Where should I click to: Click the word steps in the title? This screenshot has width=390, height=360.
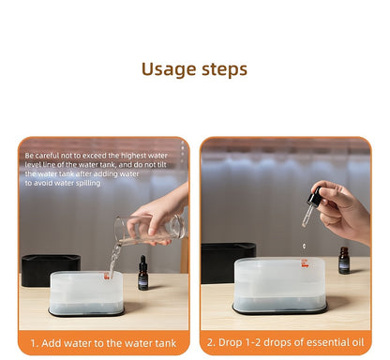(x=223, y=69)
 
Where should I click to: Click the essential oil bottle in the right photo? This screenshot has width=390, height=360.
(x=344, y=261)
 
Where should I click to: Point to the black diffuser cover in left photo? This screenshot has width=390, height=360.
(x=50, y=270)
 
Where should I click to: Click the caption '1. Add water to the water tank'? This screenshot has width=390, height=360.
(x=103, y=343)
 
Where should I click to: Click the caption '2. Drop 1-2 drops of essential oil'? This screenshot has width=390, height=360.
(x=285, y=343)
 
